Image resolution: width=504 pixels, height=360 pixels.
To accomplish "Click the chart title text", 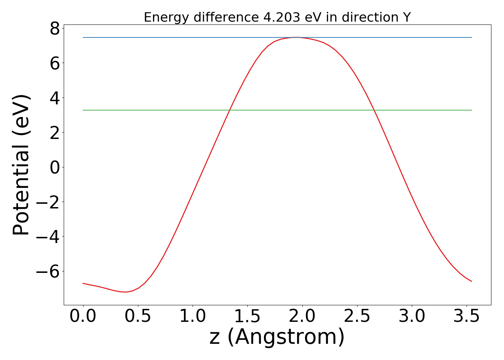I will [x=277, y=17].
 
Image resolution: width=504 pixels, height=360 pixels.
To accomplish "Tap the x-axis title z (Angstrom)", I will [x=277, y=337].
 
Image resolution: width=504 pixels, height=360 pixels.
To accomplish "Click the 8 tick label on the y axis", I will [x=55, y=29].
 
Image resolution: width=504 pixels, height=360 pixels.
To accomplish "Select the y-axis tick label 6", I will [x=55, y=63].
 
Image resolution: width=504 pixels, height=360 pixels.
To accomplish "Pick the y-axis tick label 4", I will [x=55, y=98].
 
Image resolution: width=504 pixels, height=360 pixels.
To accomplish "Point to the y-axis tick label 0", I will [x=55, y=167].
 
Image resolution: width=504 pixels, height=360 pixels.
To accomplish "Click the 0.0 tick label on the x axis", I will [x=83, y=316].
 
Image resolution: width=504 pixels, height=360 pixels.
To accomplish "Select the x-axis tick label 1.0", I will [x=193, y=316].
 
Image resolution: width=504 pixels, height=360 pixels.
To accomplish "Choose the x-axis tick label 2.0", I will [x=302, y=316].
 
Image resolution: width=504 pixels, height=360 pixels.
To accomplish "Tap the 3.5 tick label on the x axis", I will [x=466, y=316].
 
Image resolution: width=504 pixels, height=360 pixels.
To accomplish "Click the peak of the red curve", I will [x=296, y=37].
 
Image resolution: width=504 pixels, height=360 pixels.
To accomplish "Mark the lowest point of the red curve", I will [x=126, y=292].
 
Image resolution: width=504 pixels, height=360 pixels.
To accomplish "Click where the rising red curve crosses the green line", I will [x=230, y=110].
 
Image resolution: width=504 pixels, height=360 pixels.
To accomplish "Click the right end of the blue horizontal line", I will [x=472, y=37].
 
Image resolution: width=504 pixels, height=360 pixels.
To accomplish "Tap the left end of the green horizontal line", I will [x=83, y=110].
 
